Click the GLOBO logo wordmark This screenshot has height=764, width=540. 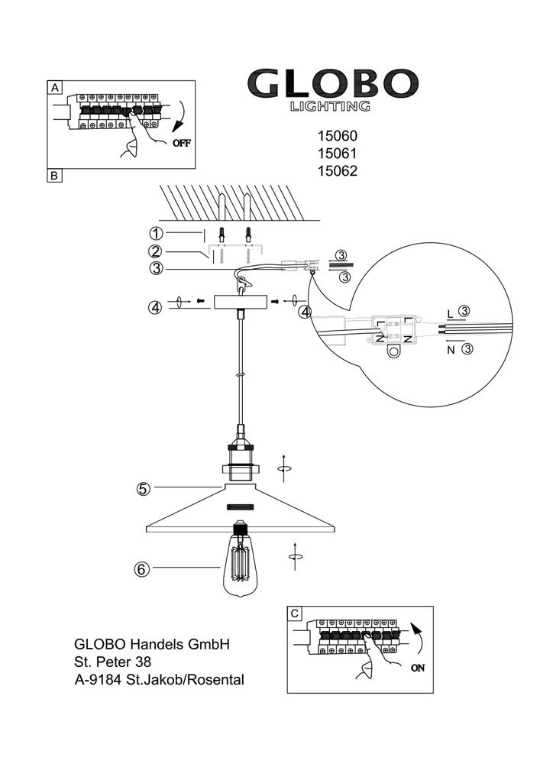pos(333,83)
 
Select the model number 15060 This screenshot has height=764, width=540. pos(338,136)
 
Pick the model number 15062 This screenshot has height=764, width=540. pos(338,171)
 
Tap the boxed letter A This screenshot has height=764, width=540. pos(54,88)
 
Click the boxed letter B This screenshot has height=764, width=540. pos(54,176)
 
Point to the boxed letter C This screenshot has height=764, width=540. pos(295,613)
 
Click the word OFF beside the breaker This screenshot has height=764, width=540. pos(182,144)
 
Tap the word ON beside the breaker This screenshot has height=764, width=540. pos(418,668)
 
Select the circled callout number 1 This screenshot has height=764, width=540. pos(156,233)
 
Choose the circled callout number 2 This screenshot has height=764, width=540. pos(156,251)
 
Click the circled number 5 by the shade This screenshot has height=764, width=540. pos(143,489)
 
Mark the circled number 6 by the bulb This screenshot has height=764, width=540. pos(142,568)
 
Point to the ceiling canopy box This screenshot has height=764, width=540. pos(241,302)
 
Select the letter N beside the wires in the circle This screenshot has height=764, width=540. pos(451,350)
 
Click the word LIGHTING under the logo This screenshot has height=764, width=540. pos(330,106)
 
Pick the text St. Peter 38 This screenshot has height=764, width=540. pos(113,662)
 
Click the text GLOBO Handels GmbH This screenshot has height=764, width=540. pos(152,644)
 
